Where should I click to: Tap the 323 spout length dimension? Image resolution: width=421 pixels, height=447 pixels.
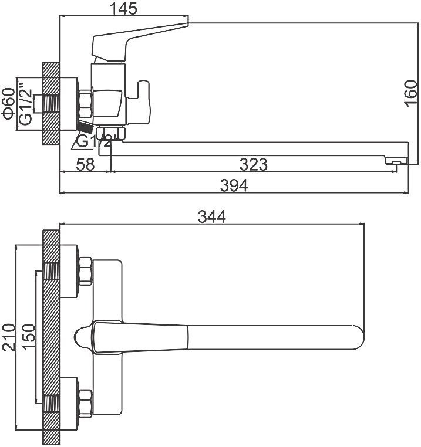pos(254,164)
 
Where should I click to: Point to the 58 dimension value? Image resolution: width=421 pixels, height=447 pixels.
pos(86,164)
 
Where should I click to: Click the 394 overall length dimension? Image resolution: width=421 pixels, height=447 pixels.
pos(234,185)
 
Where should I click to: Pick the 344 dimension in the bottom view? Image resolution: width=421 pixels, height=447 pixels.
pos(211,216)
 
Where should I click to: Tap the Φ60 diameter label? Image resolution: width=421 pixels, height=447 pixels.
pos(8,103)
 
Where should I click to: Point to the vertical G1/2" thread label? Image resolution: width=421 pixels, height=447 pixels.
pos(25,104)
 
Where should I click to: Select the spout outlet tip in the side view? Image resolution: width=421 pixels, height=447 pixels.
pos(395,161)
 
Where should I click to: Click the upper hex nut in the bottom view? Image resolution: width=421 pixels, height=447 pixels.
pos(85,271)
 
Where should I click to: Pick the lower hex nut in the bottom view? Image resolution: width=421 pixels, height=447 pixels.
pos(85,402)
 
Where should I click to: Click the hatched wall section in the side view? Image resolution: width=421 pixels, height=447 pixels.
pos(52,104)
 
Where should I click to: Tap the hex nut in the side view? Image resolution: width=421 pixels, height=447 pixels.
pos(86,103)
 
